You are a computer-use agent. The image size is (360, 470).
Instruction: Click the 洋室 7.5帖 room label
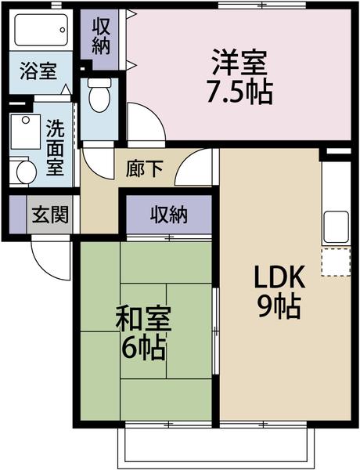click(239, 76)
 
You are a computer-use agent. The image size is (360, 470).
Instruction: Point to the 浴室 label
click(38, 71)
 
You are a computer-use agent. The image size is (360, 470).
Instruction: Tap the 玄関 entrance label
click(49, 214)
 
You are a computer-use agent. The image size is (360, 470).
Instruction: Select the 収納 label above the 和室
click(169, 214)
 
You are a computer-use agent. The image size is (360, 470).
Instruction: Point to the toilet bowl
click(99, 97)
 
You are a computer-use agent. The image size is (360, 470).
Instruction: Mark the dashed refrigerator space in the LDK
click(336, 262)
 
